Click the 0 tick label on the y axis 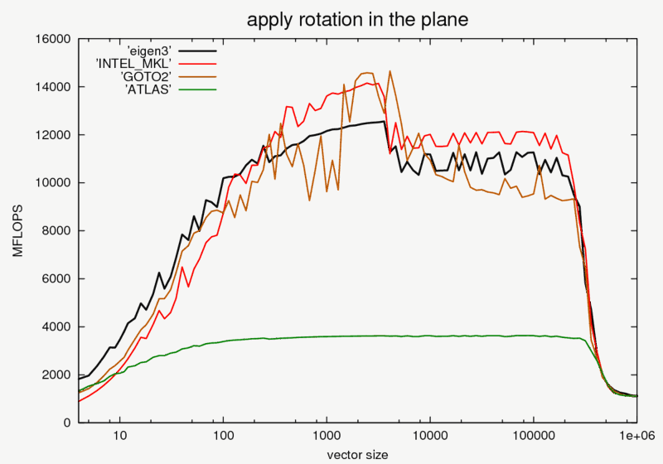[x=69, y=423]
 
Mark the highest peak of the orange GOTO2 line [x=390, y=71]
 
